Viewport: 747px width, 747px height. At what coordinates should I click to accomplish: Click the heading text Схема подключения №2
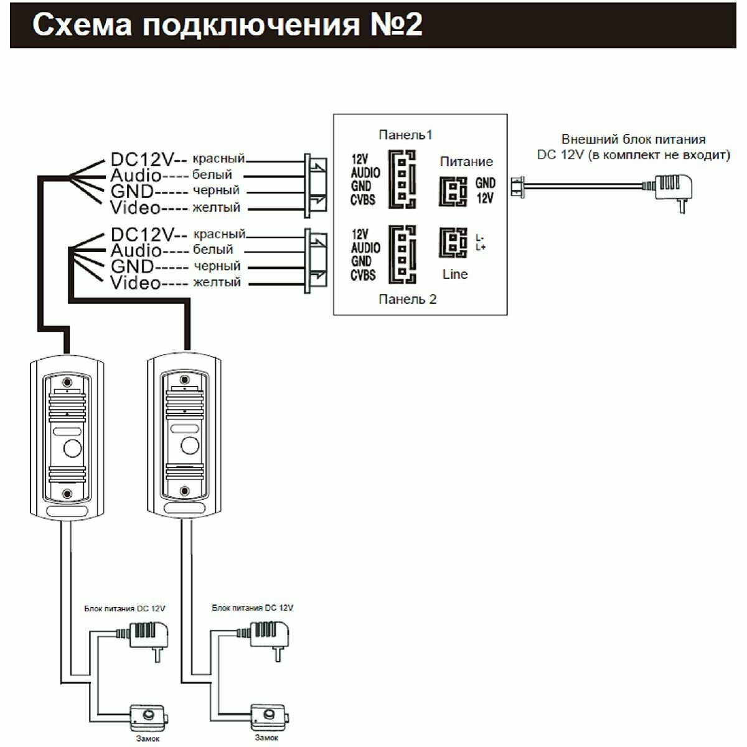tap(227, 25)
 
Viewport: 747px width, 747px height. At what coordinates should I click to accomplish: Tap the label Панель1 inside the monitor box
tap(405, 135)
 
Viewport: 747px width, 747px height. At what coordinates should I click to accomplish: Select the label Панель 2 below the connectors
tap(408, 299)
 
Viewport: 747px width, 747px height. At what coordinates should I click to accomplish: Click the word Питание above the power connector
tap(466, 162)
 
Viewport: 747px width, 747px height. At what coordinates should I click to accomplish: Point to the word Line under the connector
tap(455, 275)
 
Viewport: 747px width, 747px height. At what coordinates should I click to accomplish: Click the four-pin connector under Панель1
tap(403, 179)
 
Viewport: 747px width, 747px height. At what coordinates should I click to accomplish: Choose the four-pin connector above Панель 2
tap(403, 254)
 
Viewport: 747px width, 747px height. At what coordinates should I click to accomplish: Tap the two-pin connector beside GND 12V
tap(454, 191)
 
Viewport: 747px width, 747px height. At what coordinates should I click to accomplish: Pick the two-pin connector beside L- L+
tap(454, 243)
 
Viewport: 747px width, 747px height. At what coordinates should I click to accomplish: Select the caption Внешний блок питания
tap(634, 140)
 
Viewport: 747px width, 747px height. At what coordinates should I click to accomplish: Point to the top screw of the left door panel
tap(67, 382)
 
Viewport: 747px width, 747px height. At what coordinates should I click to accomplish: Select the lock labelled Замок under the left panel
tap(148, 719)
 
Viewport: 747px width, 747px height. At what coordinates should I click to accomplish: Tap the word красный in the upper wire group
tap(218, 159)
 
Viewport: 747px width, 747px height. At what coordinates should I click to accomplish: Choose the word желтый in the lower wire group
tap(217, 283)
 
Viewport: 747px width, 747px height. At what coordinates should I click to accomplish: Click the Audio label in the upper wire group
tap(135, 176)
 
